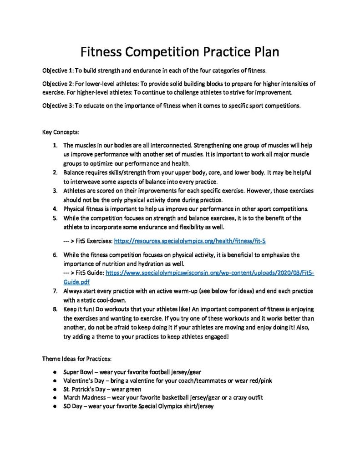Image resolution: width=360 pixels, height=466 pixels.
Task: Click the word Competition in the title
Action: (161, 52)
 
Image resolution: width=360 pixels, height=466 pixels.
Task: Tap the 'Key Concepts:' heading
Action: (61, 132)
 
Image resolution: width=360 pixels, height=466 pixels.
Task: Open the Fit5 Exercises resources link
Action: (193, 240)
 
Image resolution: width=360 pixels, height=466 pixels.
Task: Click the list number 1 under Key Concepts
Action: (54, 146)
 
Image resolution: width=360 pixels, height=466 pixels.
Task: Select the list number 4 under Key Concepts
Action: (54, 209)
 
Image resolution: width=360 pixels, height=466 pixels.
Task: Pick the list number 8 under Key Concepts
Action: (54, 309)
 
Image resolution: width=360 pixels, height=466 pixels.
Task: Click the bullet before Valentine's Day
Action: (55, 380)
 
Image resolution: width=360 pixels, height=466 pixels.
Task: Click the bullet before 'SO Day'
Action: (55, 406)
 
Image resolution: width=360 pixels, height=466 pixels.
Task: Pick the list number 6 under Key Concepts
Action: (54, 255)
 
